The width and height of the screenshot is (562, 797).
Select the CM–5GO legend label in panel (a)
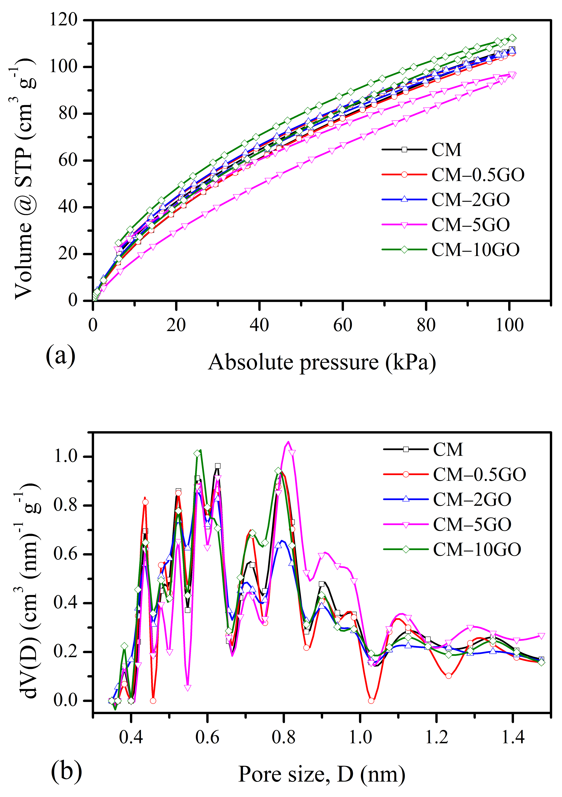(470, 225)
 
